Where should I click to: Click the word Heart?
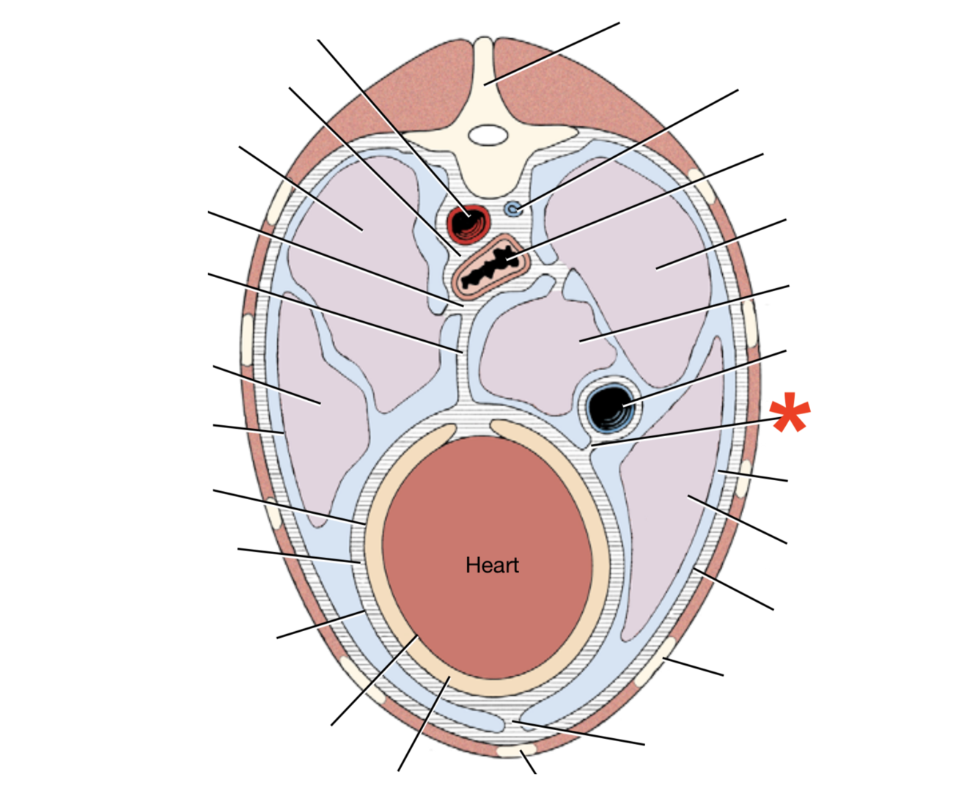(x=492, y=565)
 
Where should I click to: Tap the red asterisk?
(x=790, y=413)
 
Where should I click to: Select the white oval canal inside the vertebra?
(x=488, y=135)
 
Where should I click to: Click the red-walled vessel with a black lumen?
(x=468, y=223)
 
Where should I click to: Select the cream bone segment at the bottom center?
(x=516, y=751)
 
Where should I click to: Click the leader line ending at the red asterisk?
(x=682, y=432)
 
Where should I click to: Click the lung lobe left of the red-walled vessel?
(x=352, y=220)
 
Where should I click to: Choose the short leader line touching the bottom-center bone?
(x=529, y=762)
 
